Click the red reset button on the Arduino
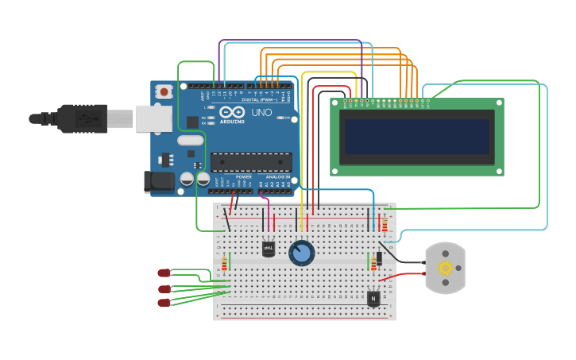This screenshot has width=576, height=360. click(x=164, y=92)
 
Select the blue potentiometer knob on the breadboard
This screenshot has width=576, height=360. click(x=301, y=253)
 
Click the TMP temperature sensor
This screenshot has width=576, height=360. click(x=269, y=249)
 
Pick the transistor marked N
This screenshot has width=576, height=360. click(x=373, y=298)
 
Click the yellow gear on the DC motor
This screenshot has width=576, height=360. click(x=446, y=268)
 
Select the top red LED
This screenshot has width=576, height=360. click(x=164, y=273)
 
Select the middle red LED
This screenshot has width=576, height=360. click(x=164, y=288)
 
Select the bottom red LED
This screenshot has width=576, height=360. click(x=164, y=302)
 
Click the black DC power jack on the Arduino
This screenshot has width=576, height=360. click(x=158, y=182)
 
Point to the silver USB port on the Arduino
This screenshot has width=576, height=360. click(x=153, y=119)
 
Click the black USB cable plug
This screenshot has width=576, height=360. click(x=79, y=118)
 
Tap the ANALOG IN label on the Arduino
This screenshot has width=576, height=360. click(x=275, y=177)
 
